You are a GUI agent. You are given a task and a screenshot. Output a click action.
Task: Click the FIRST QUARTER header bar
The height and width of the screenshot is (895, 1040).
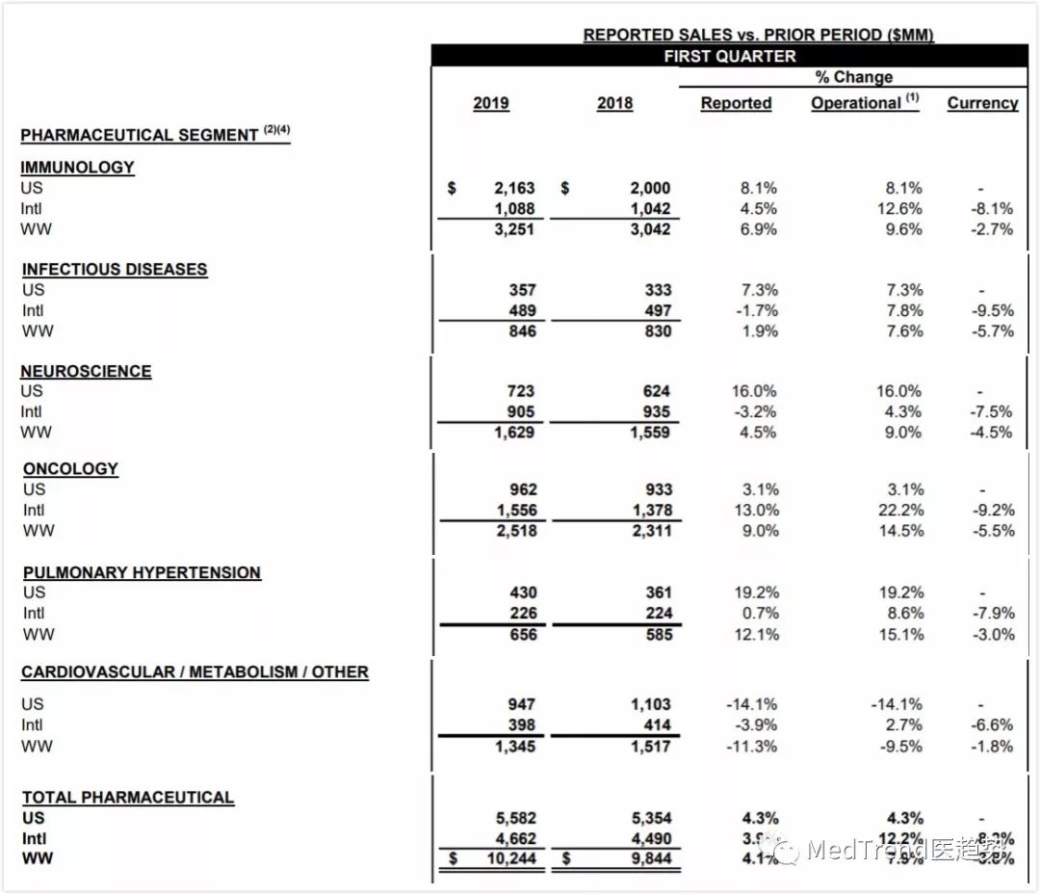coord(729,56)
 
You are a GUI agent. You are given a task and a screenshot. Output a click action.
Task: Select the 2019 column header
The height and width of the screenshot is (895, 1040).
coord(491,103)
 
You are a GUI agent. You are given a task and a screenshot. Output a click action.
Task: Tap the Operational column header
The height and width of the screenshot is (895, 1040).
coord(864,103)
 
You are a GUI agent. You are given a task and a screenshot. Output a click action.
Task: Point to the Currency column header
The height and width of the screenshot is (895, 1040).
coord(982,103)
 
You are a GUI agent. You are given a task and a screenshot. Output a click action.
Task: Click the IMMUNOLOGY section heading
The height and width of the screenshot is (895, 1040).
coord(77,167)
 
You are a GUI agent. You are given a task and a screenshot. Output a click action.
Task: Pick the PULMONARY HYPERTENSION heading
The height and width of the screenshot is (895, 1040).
coord(142,572)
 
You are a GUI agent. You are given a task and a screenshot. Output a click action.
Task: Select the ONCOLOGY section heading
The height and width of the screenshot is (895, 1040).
coord(70,469)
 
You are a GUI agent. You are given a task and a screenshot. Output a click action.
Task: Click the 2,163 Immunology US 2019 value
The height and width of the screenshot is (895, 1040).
coord(514,188)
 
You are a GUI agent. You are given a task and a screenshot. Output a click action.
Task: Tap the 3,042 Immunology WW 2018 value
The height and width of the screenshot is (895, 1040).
coord(650,229)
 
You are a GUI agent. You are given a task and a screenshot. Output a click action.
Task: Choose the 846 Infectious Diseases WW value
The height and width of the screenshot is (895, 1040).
coord(521,331)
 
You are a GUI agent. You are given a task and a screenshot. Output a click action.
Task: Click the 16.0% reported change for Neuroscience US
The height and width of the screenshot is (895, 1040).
coord(754,391)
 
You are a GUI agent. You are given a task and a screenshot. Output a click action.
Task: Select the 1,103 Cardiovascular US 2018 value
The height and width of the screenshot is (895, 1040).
coord(650,704)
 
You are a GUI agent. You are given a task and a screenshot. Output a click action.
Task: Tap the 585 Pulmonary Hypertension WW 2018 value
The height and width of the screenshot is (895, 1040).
coord(659,635)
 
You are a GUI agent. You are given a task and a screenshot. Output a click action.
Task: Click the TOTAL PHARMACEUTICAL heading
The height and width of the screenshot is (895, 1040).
coord(128,798)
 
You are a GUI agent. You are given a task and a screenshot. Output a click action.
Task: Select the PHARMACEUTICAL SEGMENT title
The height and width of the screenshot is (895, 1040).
coord(140,135)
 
